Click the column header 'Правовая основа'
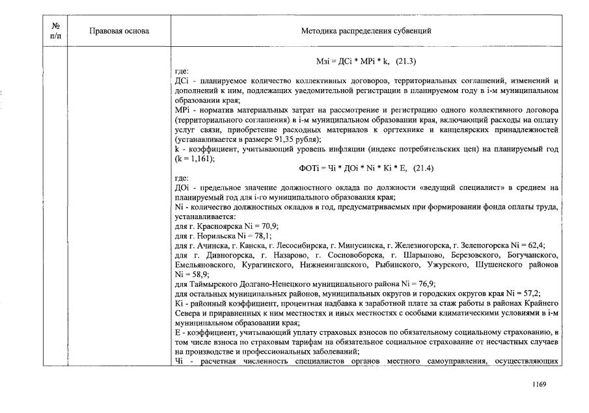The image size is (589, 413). point(118,31)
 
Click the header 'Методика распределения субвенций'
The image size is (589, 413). point(366,31)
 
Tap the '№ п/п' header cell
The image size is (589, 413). point(55,31)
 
